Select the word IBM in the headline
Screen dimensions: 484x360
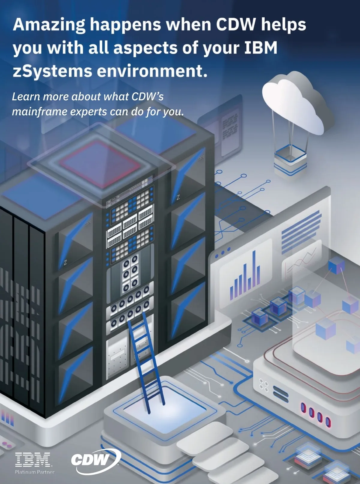[261, 48]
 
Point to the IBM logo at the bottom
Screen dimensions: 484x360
[33, 460]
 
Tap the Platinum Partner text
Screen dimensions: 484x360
[34, 472]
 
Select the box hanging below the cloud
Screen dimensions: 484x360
[290, 159]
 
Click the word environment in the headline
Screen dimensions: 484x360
[152, 71]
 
